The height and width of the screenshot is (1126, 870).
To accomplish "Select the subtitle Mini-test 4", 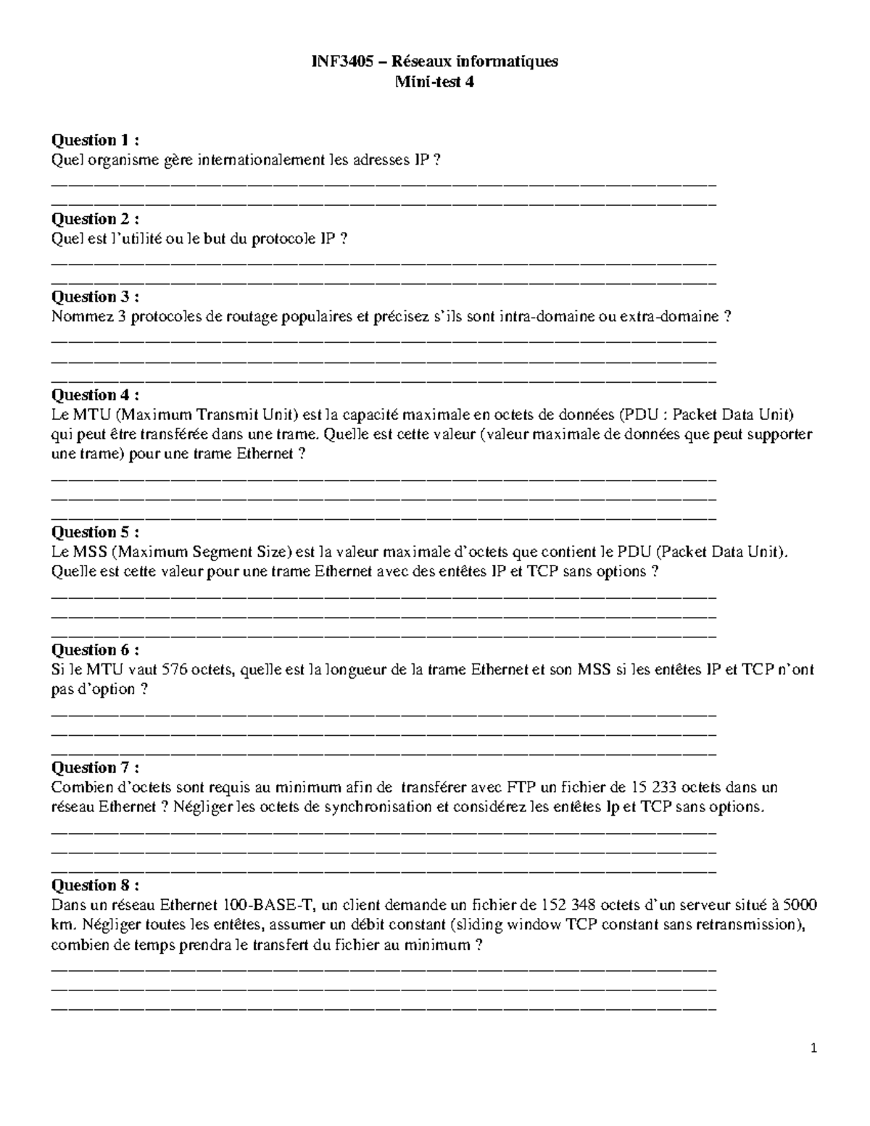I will click(434, 82).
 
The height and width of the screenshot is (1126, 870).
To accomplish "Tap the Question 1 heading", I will click(94, 140).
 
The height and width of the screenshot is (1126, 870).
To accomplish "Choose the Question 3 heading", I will click(94, 297).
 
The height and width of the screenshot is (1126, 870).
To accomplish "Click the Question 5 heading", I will click(94, 532).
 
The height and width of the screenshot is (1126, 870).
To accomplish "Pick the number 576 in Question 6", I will click(175, 669).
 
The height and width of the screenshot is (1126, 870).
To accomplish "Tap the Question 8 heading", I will click(94, 885).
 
